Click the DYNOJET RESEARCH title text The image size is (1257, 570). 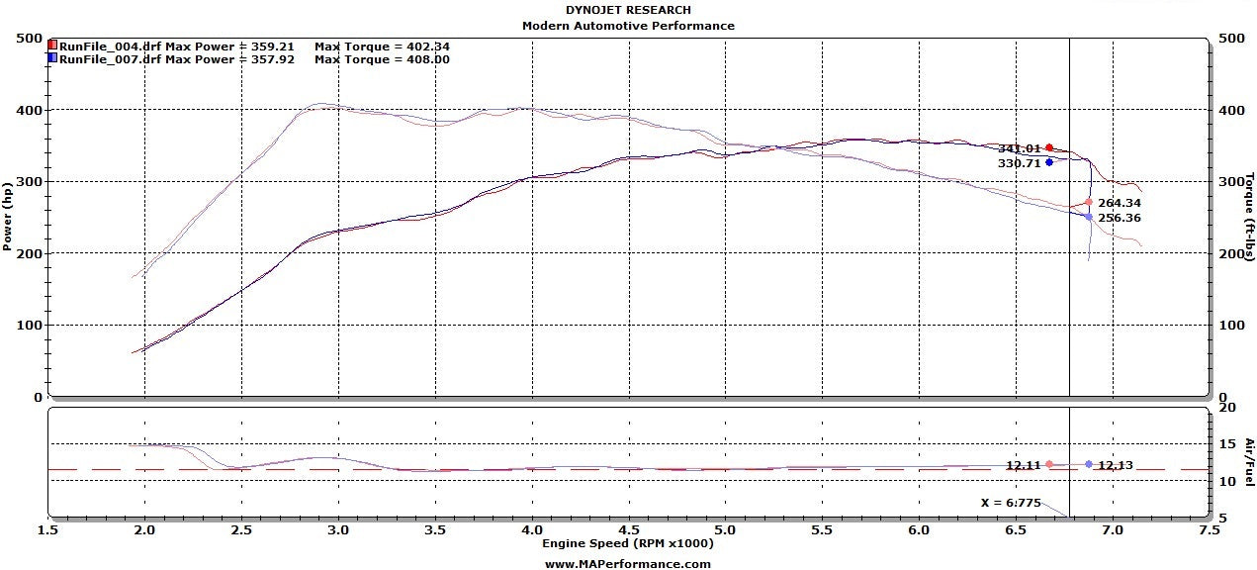628,10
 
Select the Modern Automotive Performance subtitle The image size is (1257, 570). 628,26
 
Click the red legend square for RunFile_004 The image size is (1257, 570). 52,46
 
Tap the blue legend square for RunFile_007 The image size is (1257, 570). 52,59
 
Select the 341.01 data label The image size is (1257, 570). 1019,148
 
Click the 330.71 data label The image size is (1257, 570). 1019,163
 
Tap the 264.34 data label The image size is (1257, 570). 1120,203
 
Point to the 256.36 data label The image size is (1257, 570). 1120,218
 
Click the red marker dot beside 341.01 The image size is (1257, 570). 1049,147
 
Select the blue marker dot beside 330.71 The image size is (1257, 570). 1049,162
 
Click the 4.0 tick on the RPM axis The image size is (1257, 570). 532,529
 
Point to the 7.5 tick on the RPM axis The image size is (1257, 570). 1208,529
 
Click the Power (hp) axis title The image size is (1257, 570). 9,216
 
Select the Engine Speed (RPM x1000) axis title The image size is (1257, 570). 627,543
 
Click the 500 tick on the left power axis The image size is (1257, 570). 30,39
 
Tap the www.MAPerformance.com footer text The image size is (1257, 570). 627,563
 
